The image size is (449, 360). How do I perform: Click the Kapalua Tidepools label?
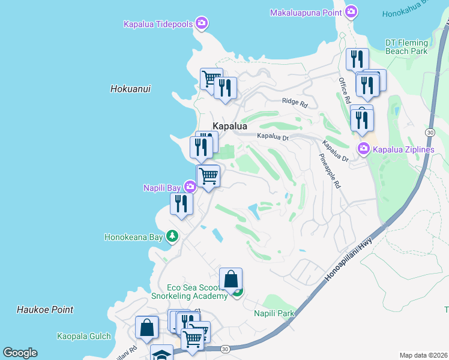158,24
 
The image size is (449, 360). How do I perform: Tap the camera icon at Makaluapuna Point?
352,12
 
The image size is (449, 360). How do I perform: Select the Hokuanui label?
130,89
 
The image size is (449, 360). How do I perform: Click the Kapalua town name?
230,126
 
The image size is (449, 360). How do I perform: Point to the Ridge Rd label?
294,103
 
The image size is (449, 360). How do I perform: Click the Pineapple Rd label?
329,171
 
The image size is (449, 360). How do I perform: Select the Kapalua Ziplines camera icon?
363,149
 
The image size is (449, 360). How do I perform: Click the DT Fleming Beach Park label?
406,47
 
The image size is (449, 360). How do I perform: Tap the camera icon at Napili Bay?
189,188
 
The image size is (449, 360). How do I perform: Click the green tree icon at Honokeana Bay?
172,237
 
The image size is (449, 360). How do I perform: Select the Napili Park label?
274,313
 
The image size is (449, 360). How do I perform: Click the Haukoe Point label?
45,310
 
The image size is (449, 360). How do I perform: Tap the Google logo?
20,353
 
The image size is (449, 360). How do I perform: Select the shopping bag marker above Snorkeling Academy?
231,279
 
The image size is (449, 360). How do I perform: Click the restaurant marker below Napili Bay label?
181,204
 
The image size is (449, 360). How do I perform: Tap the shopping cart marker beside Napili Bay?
208,176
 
